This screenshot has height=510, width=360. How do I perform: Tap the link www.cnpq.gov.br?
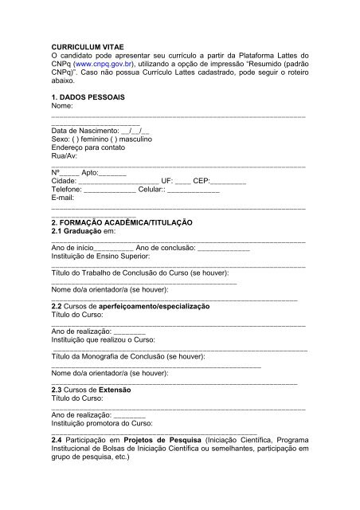tap(109, 61)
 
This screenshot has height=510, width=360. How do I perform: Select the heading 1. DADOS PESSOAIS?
tap(88, 96)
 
